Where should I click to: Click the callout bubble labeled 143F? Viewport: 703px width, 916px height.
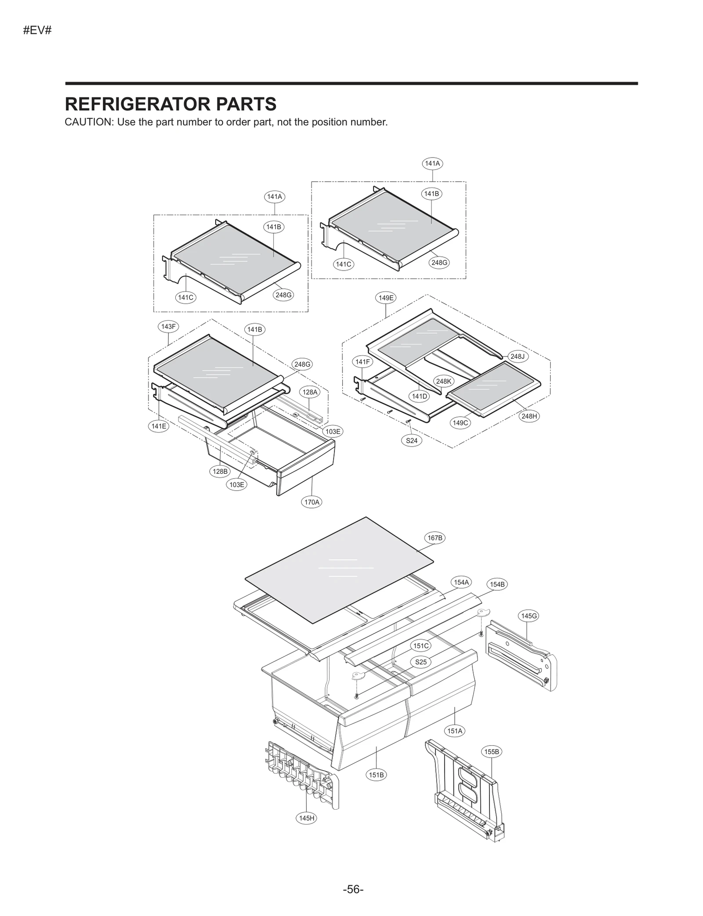(x=168, y=327)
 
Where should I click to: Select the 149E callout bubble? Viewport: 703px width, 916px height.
(x=386, y=298)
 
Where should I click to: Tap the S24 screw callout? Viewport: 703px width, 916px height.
(x=412, y=440)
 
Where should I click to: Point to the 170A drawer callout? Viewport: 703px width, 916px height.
(x=312, y=502)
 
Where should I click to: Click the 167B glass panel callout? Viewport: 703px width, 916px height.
(x=435, y=538)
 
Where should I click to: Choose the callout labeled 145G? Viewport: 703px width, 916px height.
(x=529, y=616)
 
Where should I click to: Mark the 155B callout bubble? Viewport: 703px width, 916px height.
(x=492, y=752)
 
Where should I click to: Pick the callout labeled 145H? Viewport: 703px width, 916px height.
(x=307, y=818)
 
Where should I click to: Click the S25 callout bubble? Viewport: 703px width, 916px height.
(x=421, y=662)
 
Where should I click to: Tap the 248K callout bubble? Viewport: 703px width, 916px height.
(x=444, y=381)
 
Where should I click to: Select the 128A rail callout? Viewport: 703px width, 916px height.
(x=310, y=392)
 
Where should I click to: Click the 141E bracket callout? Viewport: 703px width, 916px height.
(x=159, y=426)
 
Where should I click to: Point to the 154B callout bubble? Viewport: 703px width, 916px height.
(x=497, y=584)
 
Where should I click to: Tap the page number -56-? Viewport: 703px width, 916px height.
(x=353, y=889)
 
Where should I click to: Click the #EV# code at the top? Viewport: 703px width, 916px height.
(x=37, y=31)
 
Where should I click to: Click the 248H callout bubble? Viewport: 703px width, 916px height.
(x=529, y=416)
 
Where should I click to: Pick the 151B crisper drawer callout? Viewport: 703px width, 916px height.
(x=377, y=775)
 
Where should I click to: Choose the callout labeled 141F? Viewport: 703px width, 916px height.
(x=362, y=362)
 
